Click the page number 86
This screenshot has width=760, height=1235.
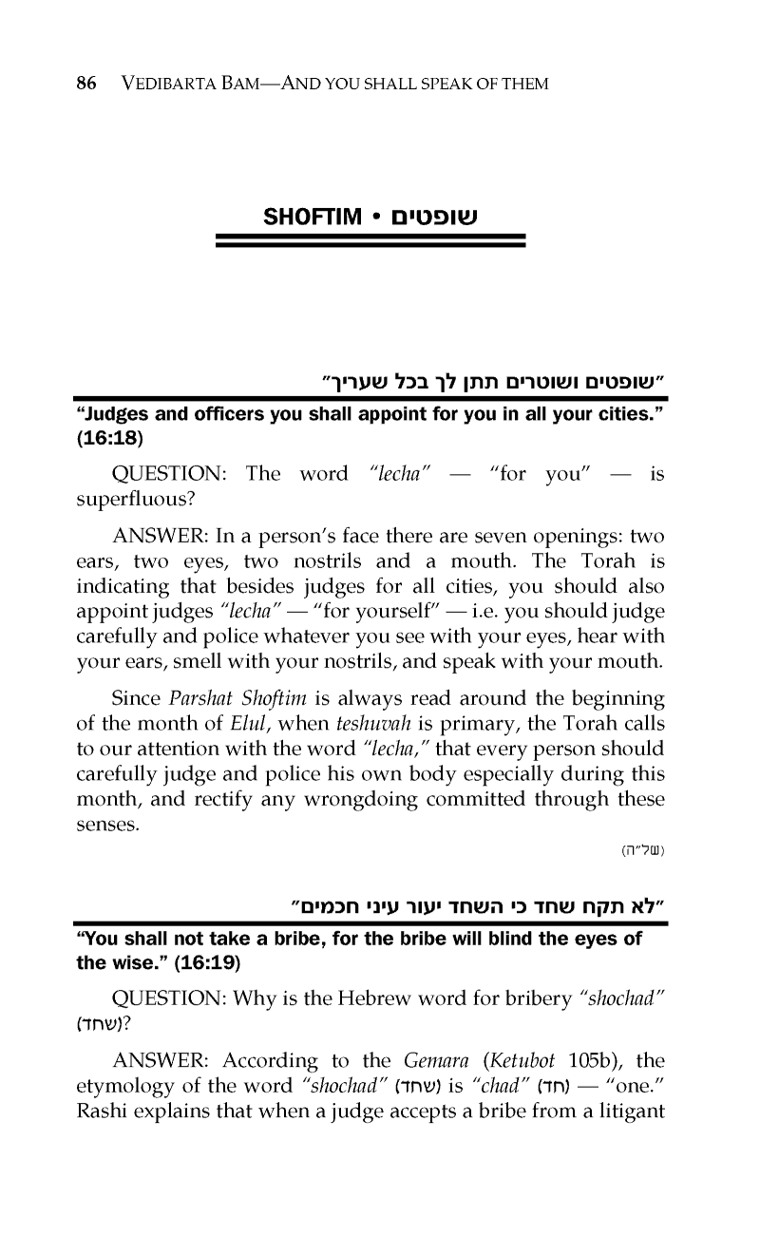tap(86, 85)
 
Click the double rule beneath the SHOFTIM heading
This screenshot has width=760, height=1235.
tap(370, 241)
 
